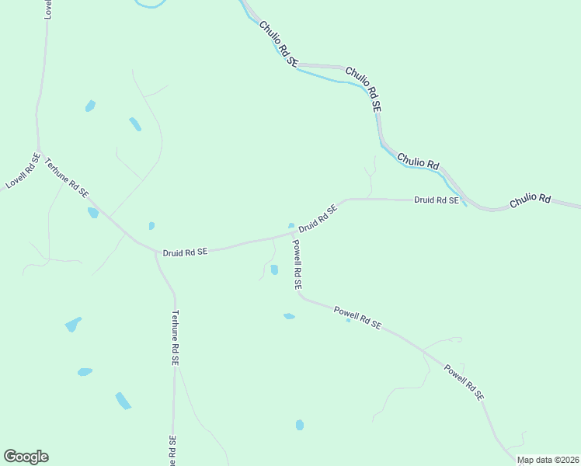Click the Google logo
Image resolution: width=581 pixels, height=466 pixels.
point(26,457)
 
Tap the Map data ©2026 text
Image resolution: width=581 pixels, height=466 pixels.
point(548,460)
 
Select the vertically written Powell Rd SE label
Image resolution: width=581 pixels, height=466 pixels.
point(297,264)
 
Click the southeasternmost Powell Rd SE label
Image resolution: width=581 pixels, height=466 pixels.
point(464,382)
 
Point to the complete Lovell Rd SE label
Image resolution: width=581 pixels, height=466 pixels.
point(23,171)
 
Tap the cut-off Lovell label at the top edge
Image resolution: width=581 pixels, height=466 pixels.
point(48,9)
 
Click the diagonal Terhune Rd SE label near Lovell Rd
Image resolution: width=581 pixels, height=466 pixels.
point(67,178)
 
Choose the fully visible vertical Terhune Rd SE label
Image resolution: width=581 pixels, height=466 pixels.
point(176,338)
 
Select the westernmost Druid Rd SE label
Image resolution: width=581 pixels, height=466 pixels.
point(185,252)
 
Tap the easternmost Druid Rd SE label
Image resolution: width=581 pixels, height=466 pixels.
point(437,200)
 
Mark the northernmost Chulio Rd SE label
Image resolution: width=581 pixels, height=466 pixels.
point(279,43)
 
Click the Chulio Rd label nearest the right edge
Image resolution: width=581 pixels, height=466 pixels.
point(530,200)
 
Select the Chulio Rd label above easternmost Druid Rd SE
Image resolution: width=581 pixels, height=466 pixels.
point(418,162)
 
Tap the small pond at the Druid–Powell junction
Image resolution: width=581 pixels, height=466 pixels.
point(291,226)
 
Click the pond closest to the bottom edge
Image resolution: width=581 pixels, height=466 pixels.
point(300,425)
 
